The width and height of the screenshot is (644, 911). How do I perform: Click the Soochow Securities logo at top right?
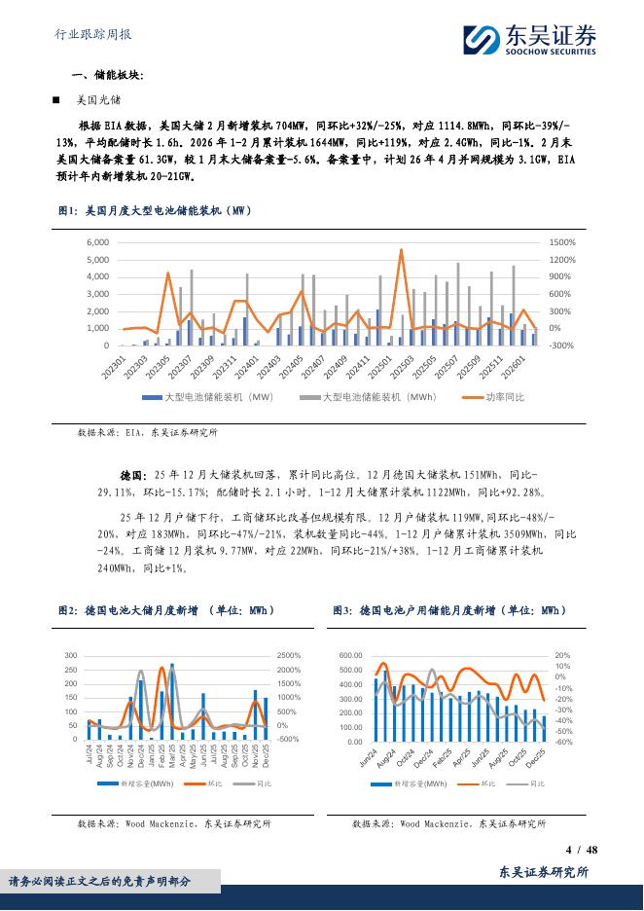click(x=529, y=40)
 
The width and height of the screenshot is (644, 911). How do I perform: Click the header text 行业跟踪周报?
click(x=90, y=34)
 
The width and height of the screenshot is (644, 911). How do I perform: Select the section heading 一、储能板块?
click(x=107, y=75)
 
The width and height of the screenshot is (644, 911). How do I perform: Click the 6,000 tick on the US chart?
click(x=97, y=242)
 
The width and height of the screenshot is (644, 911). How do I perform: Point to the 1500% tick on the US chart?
click(x=561, y=242)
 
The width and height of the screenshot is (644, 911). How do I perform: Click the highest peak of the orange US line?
click(x=401, y=250)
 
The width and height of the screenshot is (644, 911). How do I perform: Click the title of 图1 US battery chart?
click(x=155, y=210)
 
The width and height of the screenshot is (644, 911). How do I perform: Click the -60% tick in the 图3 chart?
click(x=563, y=742)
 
